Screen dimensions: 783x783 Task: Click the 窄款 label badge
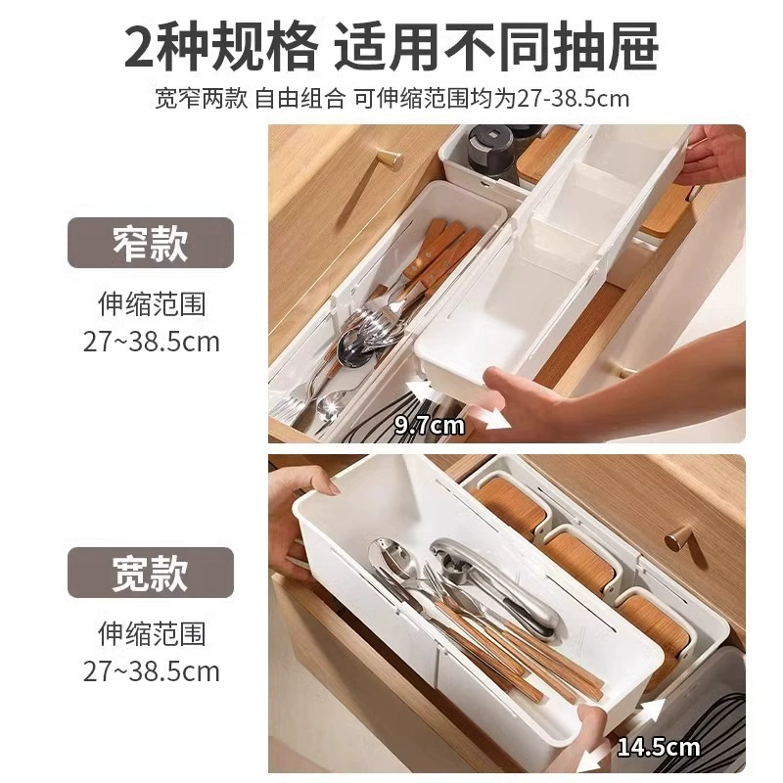point(151,243)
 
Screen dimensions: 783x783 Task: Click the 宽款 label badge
point(151,573)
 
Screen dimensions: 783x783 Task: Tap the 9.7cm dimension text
point(430,426)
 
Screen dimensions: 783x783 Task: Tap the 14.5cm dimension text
point(659,747)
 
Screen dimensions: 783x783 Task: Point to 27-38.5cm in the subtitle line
point(573,99)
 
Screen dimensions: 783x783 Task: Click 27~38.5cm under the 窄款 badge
point(151,342)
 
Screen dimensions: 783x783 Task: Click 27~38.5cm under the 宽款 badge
point(151,671)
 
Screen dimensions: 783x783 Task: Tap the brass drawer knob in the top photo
point(389,160)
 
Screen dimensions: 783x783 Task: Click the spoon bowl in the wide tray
point(387,554)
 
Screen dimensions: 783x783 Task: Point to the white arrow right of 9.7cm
point(490,419)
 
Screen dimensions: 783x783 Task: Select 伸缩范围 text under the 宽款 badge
point(152,633)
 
